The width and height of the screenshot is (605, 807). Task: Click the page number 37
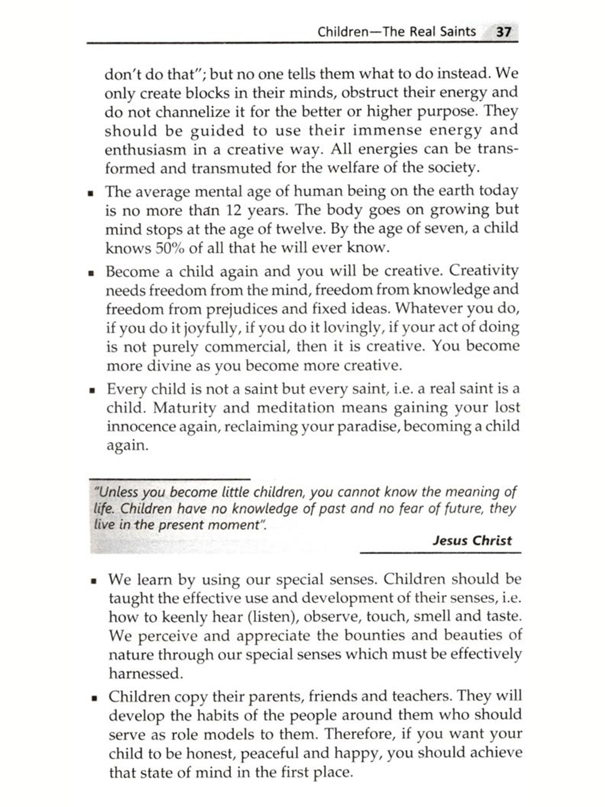[504, 31]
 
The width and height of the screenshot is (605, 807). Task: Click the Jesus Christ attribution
[472, 540]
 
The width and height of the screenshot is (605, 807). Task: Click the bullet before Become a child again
[92, 273]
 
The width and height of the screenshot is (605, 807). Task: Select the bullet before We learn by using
[94, 581]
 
